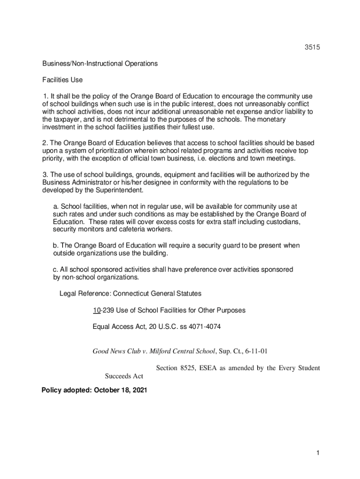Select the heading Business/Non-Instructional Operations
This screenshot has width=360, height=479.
pos(100,64)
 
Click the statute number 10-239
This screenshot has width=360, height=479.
pos(103,310)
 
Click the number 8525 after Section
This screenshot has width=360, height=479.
pos(188,368)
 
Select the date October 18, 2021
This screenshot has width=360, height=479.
pos(121,390)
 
